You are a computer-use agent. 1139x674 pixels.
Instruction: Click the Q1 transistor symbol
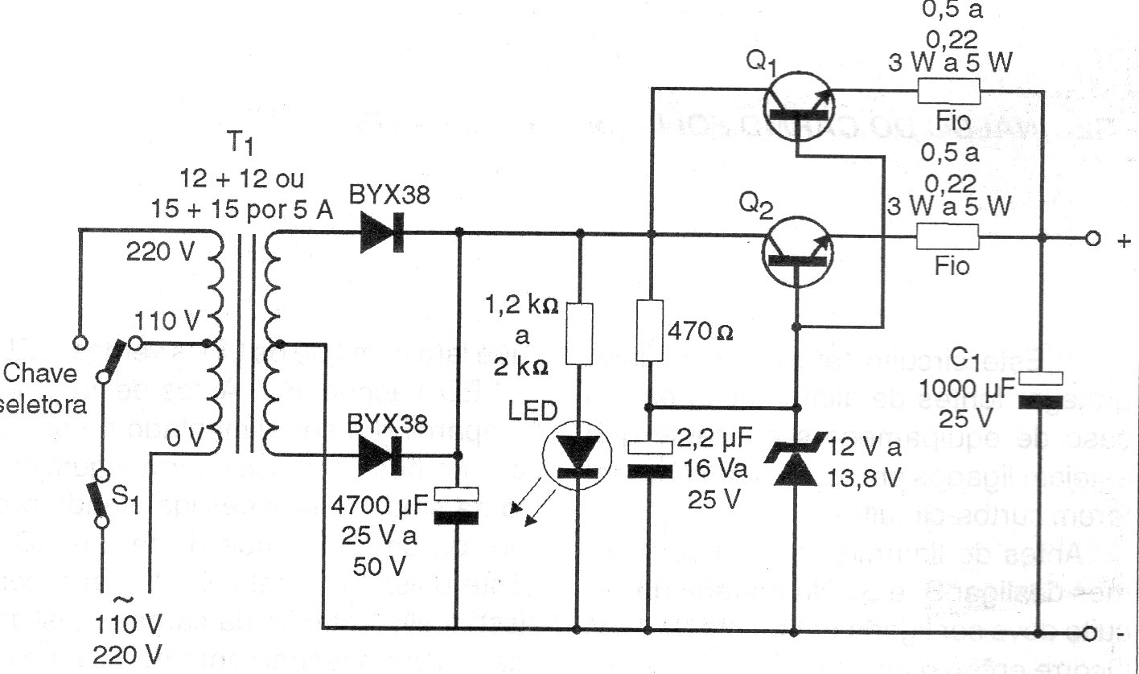coord(797,105)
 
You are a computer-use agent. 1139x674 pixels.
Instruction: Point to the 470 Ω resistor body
coord(649,330)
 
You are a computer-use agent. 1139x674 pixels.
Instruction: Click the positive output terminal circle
coord(1092,239)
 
